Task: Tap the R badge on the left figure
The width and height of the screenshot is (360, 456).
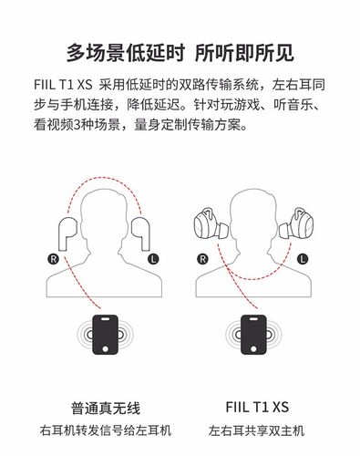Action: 52,258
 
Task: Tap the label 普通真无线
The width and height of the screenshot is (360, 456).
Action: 106,408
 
